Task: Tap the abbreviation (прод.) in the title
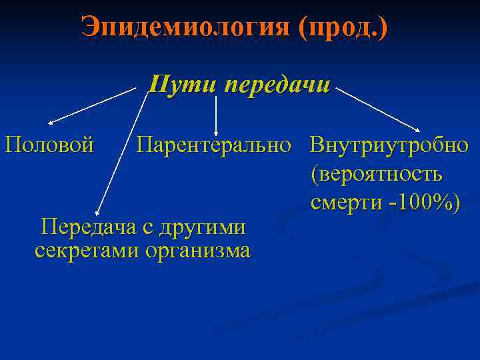coord(344,28)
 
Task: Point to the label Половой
coord(49,144)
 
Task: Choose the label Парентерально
coord(215,144)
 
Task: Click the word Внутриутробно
coord(389,144)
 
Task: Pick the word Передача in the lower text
coord(87,227)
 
